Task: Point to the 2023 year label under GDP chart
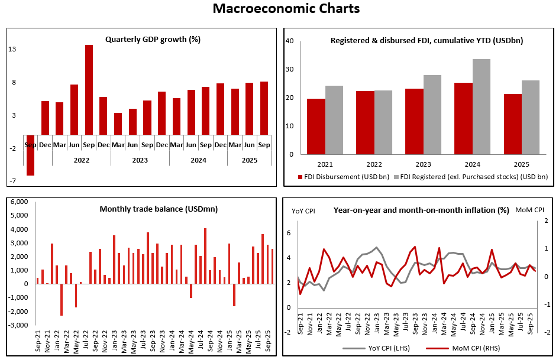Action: coord(140,160)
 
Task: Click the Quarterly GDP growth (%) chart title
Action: coord(153,40)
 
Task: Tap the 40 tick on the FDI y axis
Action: coord(290,41)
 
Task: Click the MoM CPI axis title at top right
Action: coord(529,210)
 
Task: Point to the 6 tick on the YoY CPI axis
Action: coord(288,233)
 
